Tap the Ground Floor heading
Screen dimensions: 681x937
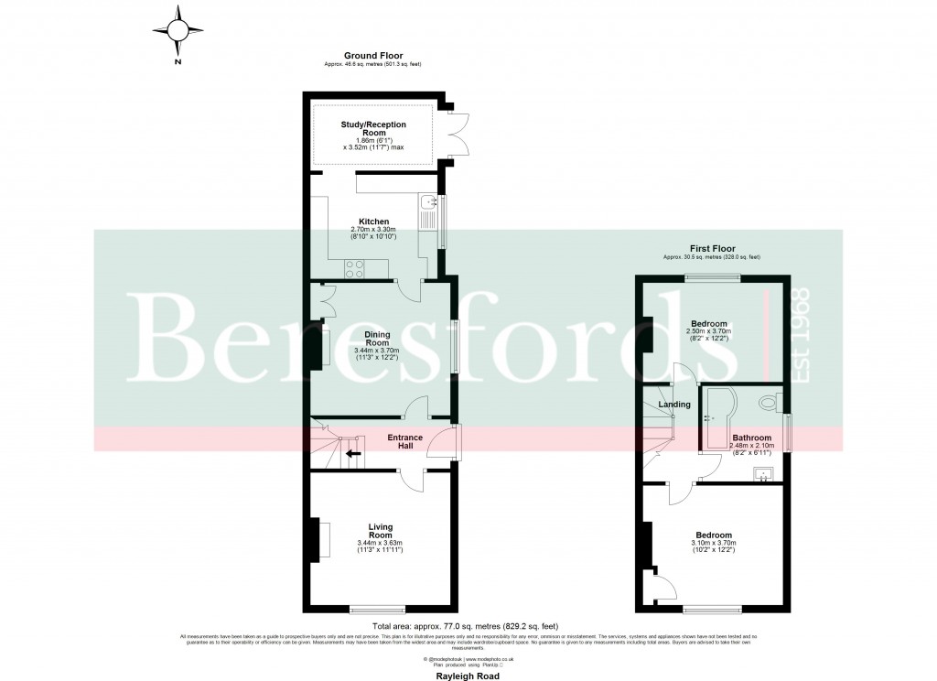coord(372,56)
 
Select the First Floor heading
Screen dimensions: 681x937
coord(712,248)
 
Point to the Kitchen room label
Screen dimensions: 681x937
coord(373,222)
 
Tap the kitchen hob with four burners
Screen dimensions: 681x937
coord(354,268)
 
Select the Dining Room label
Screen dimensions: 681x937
coord(378,340)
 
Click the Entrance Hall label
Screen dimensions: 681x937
coord(404,442)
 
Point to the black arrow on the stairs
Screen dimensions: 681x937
coord(352,452)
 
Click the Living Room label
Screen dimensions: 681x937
coord(380,531)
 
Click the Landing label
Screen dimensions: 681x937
coord(673,404)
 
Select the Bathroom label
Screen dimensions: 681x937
coord(750,438)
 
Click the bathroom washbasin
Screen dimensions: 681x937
coord(761,473)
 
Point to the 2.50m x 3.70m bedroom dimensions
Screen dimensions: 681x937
coord(709,335)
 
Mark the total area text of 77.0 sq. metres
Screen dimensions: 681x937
coord(468,626)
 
